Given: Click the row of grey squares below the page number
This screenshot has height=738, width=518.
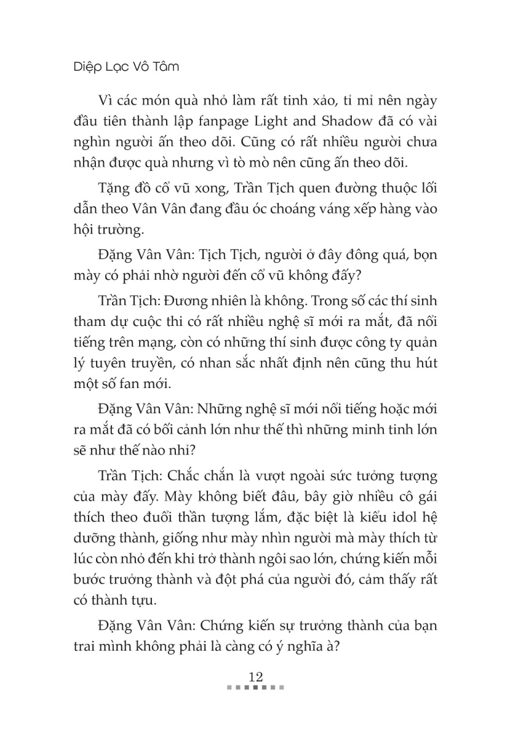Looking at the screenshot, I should click(x=255, y=688).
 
